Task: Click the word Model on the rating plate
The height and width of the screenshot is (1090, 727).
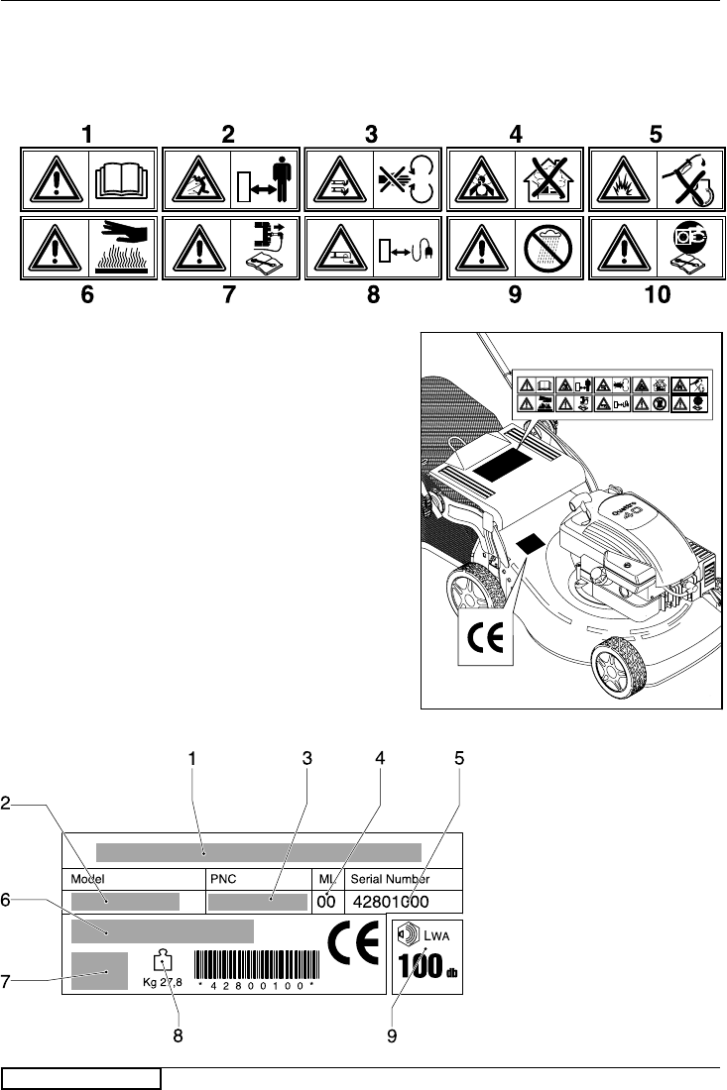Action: point(86,878)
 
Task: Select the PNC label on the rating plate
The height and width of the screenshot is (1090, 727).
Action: point(221,878)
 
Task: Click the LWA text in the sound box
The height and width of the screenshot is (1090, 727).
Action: point(436,932)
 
